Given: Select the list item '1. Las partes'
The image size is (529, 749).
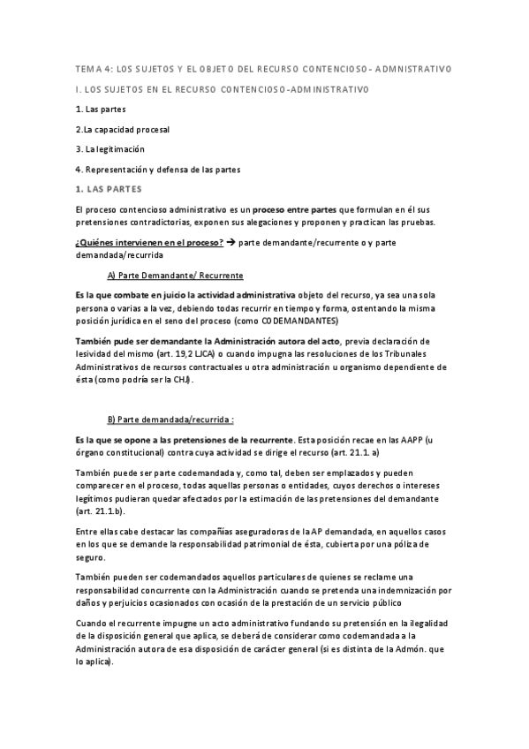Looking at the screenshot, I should tap(101, 110).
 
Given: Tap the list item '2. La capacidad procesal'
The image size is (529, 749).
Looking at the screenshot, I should tap(122, 129).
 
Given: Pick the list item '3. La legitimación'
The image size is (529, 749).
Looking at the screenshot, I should tap(110, 148).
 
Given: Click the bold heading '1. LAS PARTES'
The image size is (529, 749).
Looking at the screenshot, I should tap(108, 189).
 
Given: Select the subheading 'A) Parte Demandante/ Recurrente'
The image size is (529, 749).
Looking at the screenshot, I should tap(175, 275).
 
